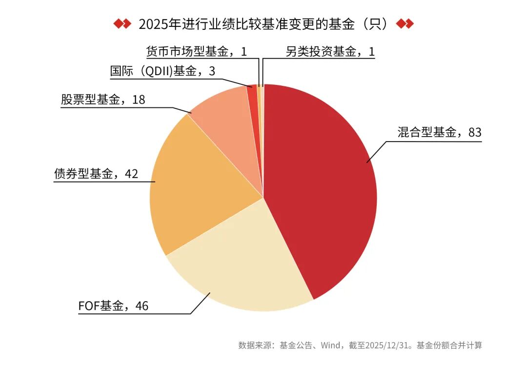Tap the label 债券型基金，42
(x=96, y=174)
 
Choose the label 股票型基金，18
(x=103, y=100)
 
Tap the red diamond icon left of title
(x=122, y=24)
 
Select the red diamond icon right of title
(x=405, y=24)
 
